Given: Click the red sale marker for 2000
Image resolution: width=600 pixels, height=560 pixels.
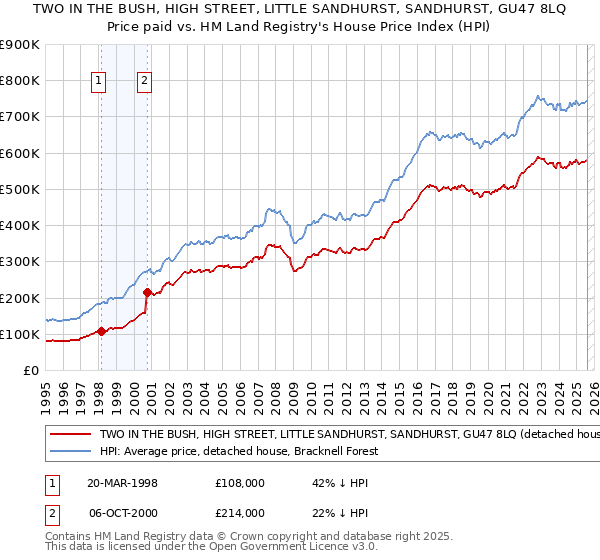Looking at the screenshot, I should tap(147, 293).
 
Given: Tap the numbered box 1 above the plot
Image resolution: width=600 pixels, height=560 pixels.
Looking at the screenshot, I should tap(100, 82).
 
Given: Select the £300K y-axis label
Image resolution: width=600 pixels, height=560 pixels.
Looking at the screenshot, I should tap(20, 261).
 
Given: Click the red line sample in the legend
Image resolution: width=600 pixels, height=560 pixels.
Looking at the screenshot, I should tap(70, 435).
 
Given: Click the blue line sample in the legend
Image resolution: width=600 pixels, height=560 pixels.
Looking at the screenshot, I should tap(70, 452).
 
